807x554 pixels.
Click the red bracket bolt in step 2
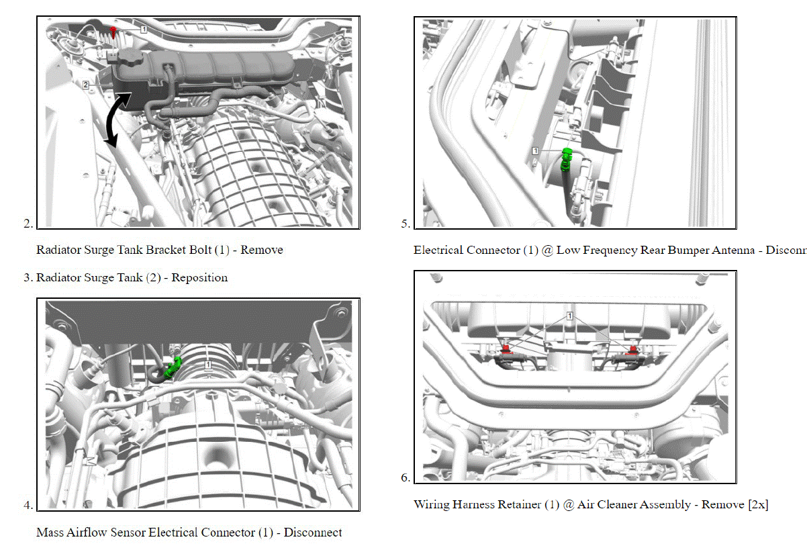point(115,32)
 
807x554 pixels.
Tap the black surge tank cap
point(128,59)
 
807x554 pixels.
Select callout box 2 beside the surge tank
point(86,85)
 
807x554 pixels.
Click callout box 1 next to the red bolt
point(144,30)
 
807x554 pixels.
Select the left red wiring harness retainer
point(506,349)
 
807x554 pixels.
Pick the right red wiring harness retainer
point(632,349)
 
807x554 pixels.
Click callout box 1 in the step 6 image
point(569,316)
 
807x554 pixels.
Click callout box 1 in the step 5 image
point(535,151)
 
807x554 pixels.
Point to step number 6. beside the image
point(406,478)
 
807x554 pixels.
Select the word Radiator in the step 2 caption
point(58,250)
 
